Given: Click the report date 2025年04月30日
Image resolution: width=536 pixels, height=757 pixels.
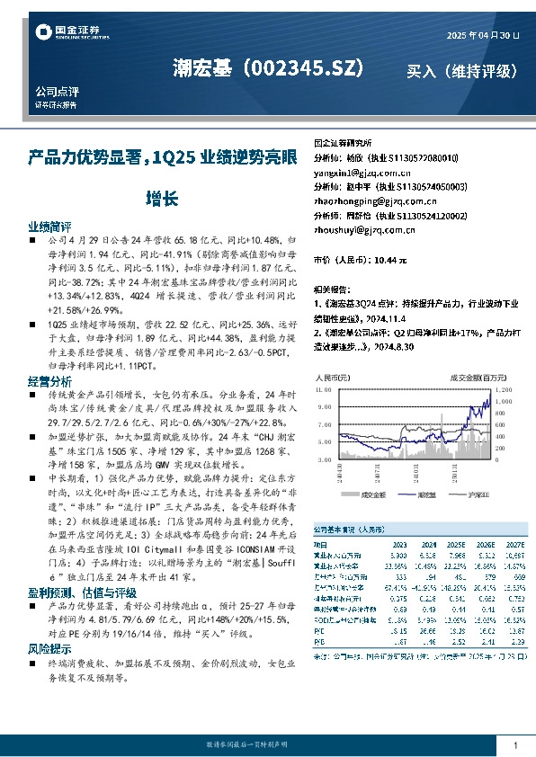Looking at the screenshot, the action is [x=483, y=35].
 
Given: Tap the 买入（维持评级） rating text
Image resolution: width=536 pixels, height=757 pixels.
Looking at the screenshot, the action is [x=461, y=70].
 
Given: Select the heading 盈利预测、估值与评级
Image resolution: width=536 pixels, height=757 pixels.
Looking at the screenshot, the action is [x=82, y=592].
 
